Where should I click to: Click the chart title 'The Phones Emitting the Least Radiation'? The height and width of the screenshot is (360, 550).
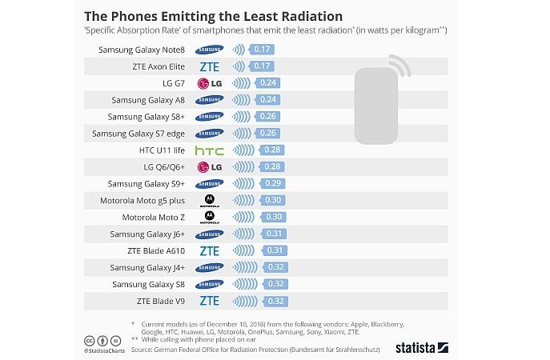[x=214, y=15]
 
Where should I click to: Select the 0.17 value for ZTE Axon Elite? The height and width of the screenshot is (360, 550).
[x=262, y=66]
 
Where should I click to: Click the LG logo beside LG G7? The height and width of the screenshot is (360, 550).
[x=209, y=83]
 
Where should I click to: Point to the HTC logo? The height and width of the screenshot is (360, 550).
[x=209, y=150]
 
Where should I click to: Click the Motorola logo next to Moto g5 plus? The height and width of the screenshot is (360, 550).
[x=209, y=200]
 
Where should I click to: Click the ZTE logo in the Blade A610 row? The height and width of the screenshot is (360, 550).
[x=209, y=250]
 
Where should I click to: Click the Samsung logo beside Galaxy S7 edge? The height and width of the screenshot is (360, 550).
[x=209, y=133]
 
